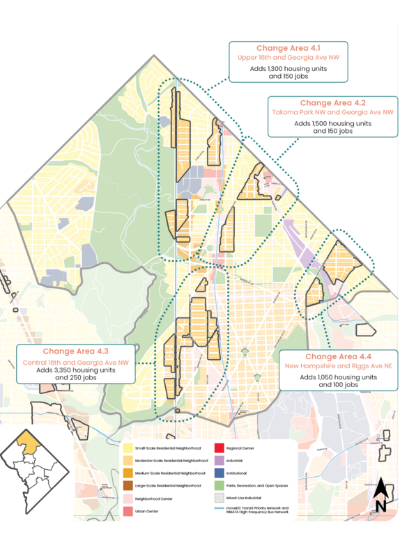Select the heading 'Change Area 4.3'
click(76, 352)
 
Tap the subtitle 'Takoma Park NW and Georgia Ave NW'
click(332, 111)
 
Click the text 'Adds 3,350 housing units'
click(76, 370)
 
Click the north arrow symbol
click(380, 496)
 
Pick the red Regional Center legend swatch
click(218, 448)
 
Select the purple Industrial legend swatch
click(218, 460)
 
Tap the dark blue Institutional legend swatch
click(218, 473)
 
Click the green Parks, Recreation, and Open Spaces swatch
click(218, 485)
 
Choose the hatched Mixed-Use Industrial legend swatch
click(218, 498)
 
